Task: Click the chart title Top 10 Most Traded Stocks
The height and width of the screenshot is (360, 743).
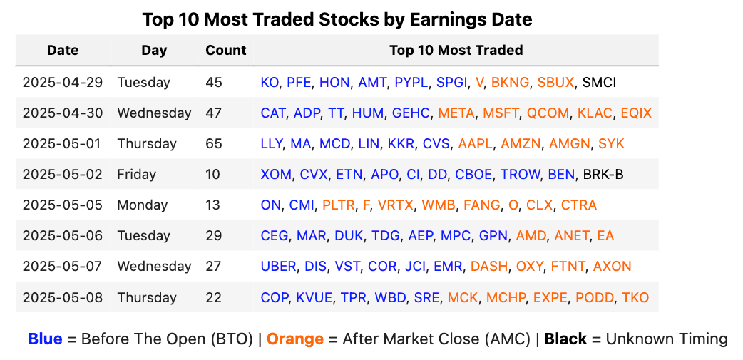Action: pos(337,19)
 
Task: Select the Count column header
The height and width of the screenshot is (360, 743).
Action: pos(225,51)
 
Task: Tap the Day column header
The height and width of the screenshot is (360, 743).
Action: pos(154,51)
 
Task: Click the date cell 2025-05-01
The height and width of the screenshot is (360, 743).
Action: pos(63,144)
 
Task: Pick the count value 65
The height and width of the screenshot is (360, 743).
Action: pos(213,144)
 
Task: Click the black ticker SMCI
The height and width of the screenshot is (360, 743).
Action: pos(599,83)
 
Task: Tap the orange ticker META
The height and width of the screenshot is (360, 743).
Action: pos(456,113)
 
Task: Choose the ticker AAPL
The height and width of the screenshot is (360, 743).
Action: pos(475,144)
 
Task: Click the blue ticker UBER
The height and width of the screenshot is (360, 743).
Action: pos(278,267)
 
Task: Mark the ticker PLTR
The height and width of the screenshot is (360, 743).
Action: pos(338,205)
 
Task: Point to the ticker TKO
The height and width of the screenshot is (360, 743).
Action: pos(635,297)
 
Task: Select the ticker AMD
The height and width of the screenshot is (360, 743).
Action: pos(531,236)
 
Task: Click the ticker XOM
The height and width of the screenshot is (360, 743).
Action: pos(276,175)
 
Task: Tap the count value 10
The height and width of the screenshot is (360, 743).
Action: pos(213,175)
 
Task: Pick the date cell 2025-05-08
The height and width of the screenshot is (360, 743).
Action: pos(63,297)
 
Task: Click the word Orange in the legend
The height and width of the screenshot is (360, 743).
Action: pos(294,339)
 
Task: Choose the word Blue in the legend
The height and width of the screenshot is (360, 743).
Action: pos(45,339)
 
